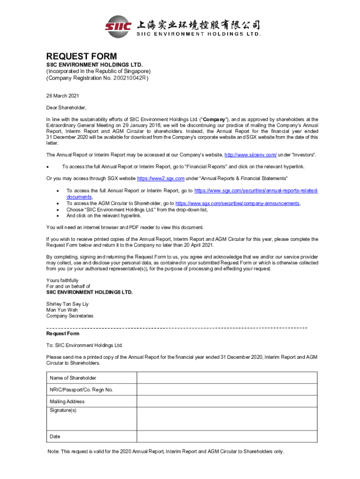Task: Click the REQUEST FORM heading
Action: coord(81,57)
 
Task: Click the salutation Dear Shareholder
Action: coord(66,108)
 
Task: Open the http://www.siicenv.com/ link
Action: coord(251,155)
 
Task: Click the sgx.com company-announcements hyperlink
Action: coord(237,203)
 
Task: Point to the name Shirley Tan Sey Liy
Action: coord(67,304)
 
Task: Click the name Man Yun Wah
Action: coord(62,310)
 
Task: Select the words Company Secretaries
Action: coord(70,316)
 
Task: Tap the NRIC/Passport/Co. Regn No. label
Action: coord(81,390)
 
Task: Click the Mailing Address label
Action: coord(67,401)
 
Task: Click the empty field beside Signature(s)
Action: coord(227,419)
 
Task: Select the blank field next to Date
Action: coord(227,436)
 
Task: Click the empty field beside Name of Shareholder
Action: coord(227,378)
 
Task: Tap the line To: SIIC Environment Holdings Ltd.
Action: coord(84,345)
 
